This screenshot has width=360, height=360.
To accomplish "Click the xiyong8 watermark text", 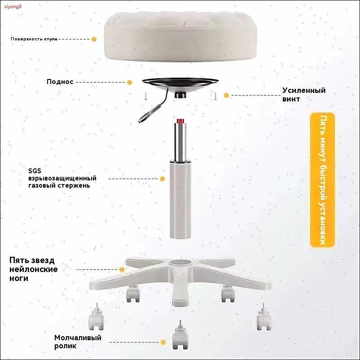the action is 13,6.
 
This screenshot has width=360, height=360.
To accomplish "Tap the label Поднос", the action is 60,82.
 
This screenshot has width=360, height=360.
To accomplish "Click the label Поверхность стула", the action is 34,39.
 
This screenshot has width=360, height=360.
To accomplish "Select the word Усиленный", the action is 304,90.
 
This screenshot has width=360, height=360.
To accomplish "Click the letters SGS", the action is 35,171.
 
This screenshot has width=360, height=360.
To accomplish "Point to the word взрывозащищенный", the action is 62,178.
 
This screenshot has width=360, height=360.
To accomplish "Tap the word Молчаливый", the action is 78,338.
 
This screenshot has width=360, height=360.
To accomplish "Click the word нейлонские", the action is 34,269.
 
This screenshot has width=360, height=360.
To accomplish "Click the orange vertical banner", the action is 323,180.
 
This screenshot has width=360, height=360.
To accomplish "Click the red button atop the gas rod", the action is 180,121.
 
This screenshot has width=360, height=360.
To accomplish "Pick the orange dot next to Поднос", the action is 129,82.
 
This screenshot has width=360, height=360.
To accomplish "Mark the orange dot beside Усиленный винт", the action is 226,95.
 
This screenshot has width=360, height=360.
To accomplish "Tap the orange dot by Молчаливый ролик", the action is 163,342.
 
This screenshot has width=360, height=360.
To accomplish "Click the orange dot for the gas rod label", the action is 162,179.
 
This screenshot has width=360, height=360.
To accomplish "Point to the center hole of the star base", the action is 180,263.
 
